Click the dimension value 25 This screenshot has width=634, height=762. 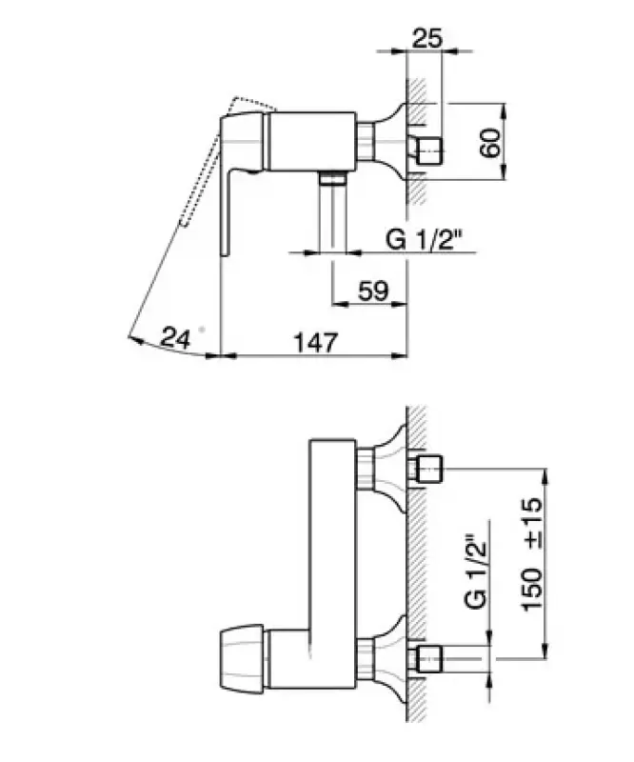coord(426,39)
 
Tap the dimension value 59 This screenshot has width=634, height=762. coord(373,291)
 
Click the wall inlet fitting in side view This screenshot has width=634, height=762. coord(426,148)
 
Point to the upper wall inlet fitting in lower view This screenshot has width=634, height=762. coord(426,469)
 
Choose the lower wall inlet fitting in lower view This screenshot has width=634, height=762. coord(426,656)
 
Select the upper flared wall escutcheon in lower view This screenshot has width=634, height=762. coord(390,467)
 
